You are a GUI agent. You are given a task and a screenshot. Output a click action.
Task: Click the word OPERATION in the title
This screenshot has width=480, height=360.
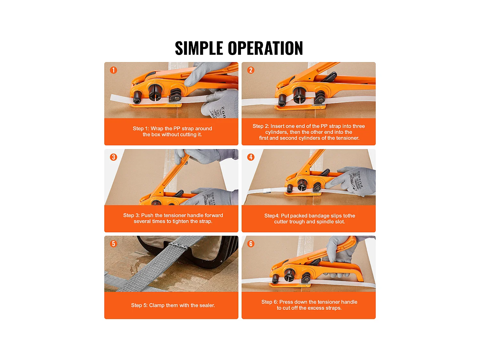pos(266,48)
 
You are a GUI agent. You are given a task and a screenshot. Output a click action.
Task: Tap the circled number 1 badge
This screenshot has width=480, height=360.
pos(114,70)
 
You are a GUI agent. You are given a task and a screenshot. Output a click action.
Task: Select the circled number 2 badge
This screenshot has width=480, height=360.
pos(251,70)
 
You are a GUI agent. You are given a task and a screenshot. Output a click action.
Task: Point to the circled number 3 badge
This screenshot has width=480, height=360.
pos(114,157)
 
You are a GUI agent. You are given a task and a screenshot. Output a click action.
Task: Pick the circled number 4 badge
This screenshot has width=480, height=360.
pos(251,157)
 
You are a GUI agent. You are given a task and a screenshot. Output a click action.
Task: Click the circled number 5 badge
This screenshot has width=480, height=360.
pos(114,244)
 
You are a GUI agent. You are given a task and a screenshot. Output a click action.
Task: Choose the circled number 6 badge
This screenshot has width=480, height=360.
pos(251,244)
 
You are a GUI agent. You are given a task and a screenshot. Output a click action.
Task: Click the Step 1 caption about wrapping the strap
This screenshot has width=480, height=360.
pos(172,132)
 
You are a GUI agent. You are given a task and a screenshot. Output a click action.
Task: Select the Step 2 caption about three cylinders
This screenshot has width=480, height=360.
pos(309,132)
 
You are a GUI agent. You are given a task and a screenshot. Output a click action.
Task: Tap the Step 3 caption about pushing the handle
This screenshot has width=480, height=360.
pos(173,218)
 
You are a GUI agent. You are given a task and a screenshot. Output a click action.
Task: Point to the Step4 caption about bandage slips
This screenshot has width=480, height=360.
pos(310,219)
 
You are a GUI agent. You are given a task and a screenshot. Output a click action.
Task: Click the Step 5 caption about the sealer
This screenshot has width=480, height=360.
pos(173,305)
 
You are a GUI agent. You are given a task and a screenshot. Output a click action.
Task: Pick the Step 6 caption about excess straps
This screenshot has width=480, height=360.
pos(309,305)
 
